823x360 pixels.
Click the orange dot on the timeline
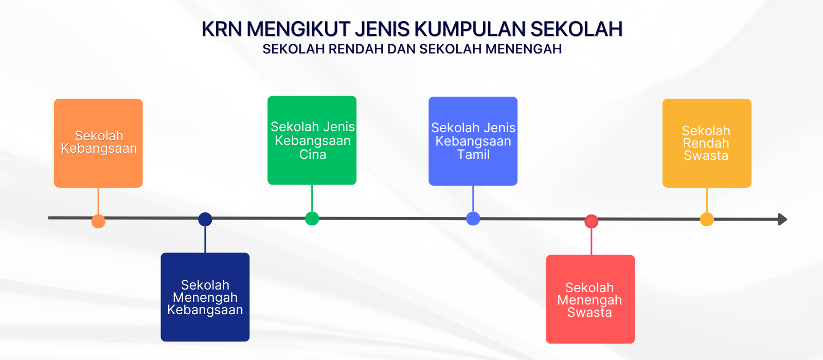point(98,222)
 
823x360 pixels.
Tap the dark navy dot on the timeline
point(205,219)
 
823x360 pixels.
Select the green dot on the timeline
point(312,219)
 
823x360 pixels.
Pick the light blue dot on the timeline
point(473,219)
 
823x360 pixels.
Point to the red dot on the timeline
point(591,222)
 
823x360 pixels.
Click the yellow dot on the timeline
point(707,219)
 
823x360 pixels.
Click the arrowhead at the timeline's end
point(782,219)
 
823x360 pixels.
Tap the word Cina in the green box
point(313,154)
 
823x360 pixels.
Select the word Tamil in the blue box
point(473,154)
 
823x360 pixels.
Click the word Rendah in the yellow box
point(706,143)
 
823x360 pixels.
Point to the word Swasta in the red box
point(589,312)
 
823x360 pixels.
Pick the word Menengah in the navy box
point(205,298)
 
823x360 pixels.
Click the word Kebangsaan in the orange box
point(99,149)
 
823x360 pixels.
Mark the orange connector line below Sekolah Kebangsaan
point(98,201)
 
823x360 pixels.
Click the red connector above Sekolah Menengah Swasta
point(591,241)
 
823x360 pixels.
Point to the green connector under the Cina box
point(312,199)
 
